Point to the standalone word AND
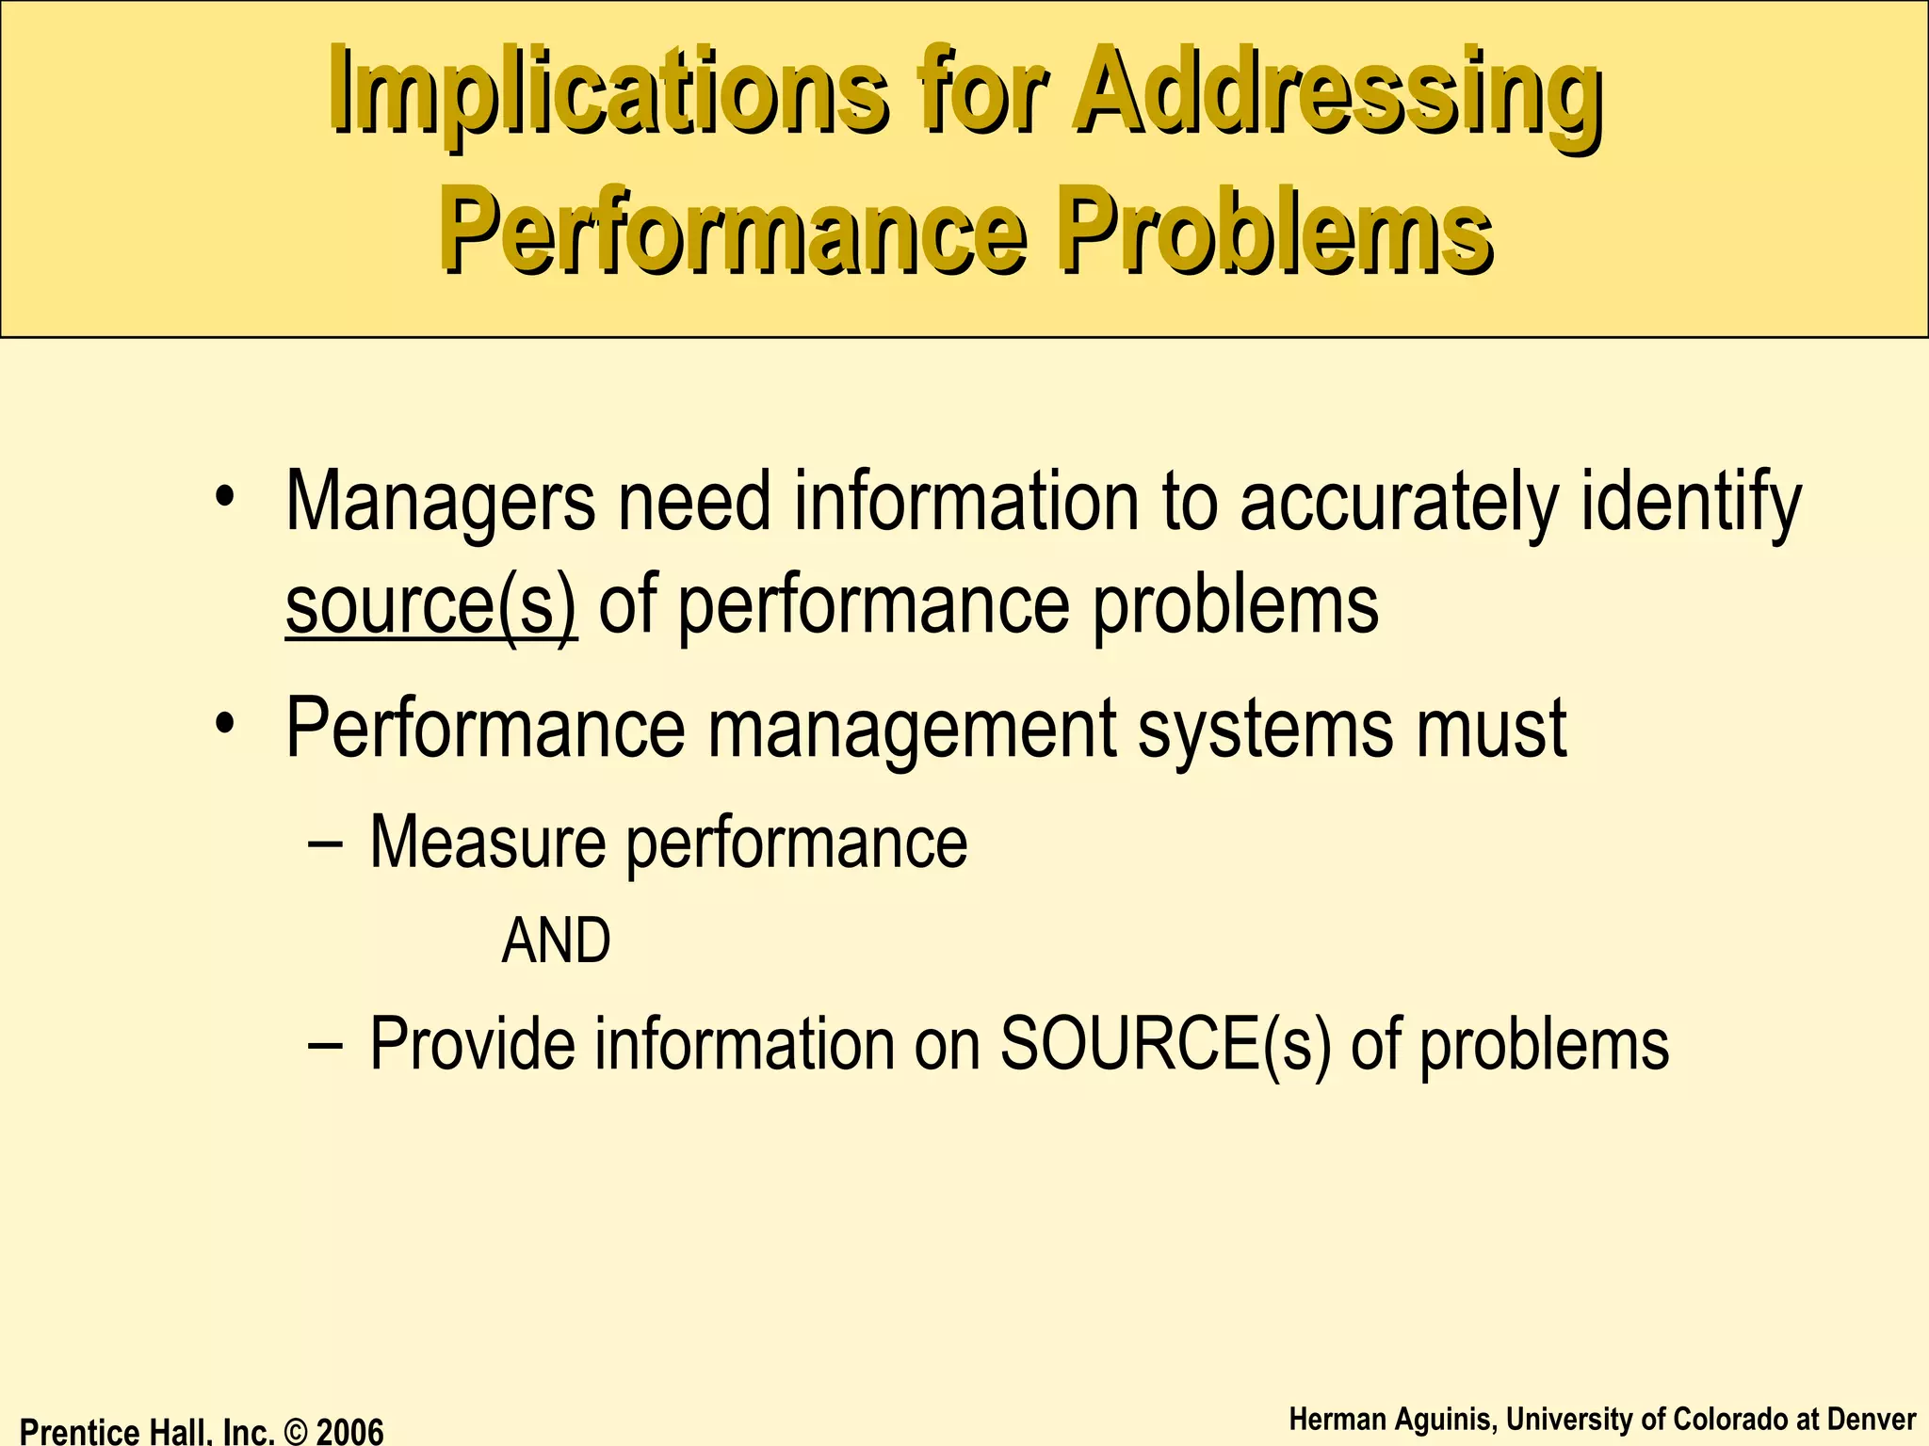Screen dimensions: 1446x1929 [x=556, y=941]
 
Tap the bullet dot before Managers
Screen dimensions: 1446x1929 [x=224, y=496]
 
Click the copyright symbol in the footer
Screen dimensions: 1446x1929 [x=295, y=1432]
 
